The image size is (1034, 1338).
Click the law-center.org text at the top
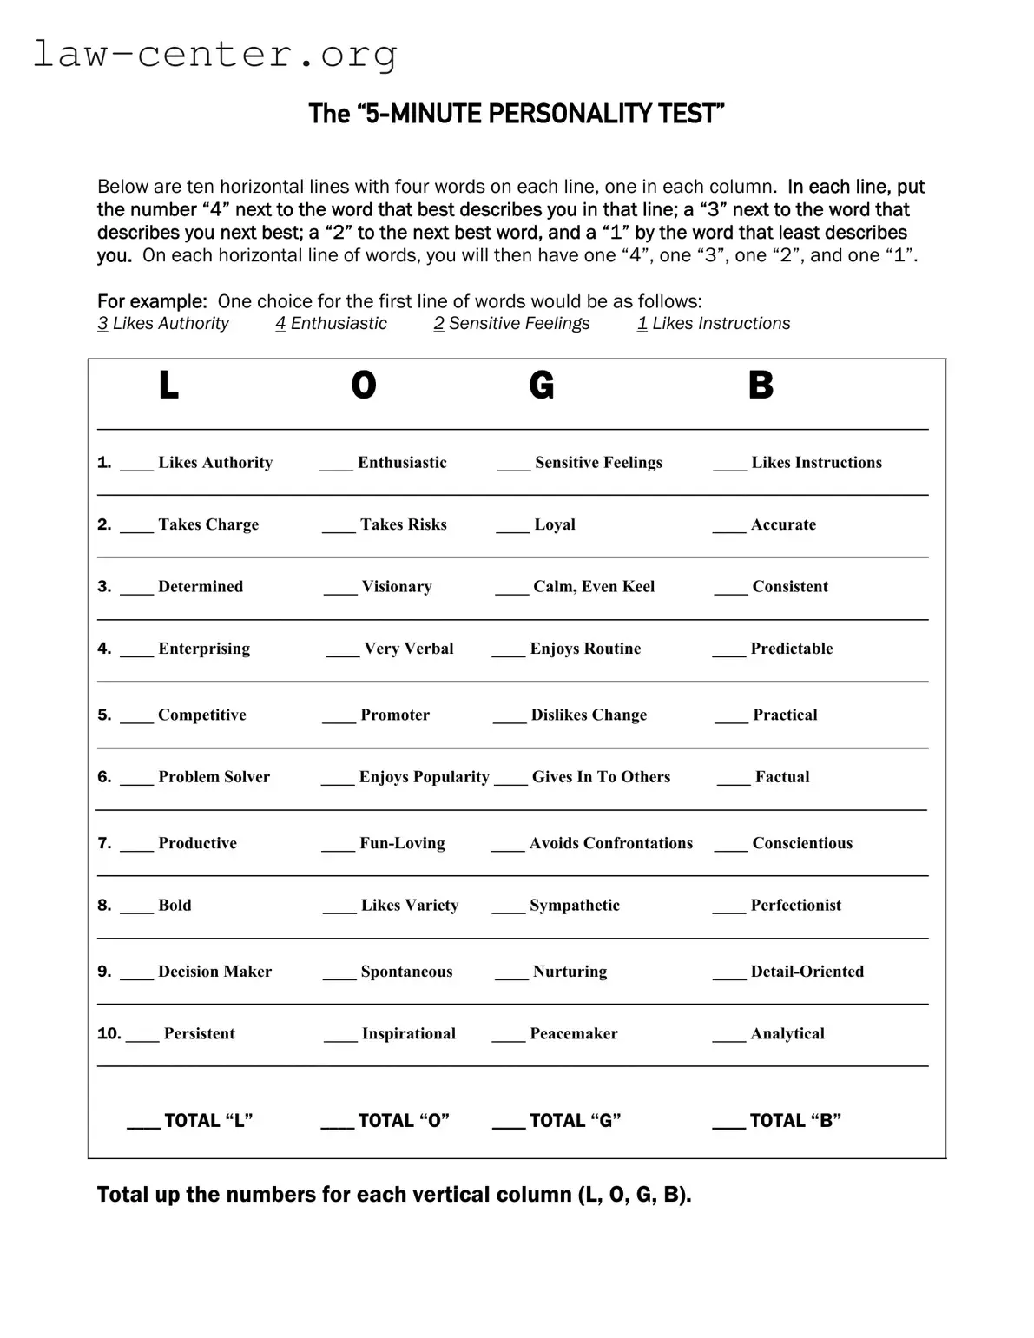pos(215,54)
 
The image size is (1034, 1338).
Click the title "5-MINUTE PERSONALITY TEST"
pos(517,114)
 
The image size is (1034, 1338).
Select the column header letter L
pos(168,385)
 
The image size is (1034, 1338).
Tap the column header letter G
pos(541,385)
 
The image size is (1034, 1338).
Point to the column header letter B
pos(761,385)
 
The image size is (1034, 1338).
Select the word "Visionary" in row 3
pos(396,587)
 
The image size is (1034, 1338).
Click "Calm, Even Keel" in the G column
pos(594,587)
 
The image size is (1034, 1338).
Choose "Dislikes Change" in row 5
pos(589,715)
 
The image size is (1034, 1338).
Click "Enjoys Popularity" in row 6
pos(424,777)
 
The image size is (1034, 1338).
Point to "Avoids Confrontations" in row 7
pos(611,843)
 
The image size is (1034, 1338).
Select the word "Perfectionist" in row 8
pos(795,906)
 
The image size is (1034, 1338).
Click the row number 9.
pos(104,972)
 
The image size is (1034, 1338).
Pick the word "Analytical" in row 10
pos(787,1034)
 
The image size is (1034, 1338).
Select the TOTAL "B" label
pos(794,1121)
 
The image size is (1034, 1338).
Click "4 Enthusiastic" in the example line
pos(332,324)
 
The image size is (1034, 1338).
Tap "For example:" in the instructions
pos(152,301)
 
